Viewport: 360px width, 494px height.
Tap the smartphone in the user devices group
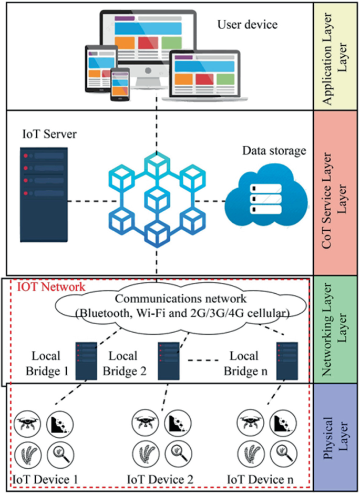click(x=120, y=85)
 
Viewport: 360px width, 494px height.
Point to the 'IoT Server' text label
click(x=49, y=135)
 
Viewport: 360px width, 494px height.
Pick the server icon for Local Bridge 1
click(x=86, y=362)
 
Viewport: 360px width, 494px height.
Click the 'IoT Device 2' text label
click(x=160, y=479)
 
